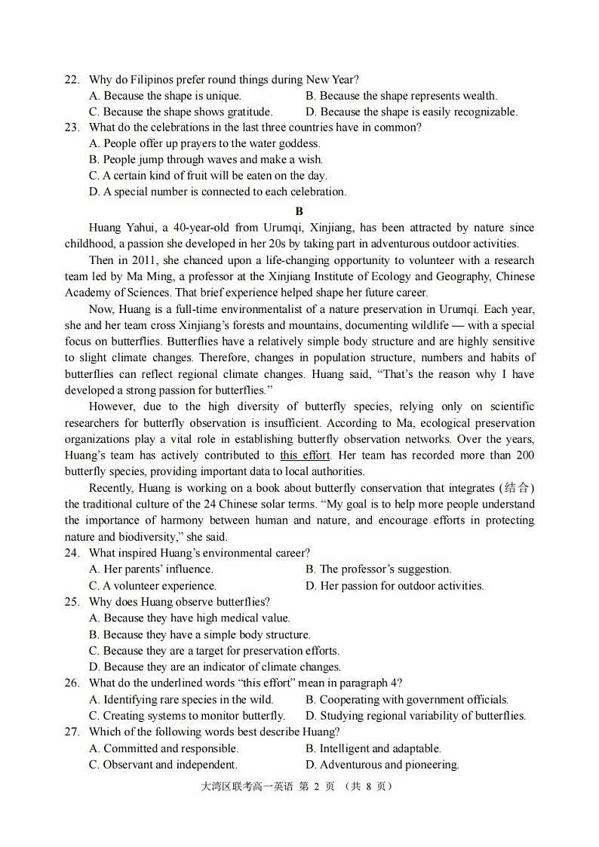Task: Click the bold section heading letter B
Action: pos(299,211)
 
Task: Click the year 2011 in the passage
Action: pos(146,260)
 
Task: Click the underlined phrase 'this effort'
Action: pos(305,456)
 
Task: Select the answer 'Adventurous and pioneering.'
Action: pos(382,765)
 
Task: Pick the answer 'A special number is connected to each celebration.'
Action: pos(217,192)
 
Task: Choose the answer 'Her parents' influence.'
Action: pos(151,569)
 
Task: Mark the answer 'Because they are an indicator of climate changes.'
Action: pos(215,667)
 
